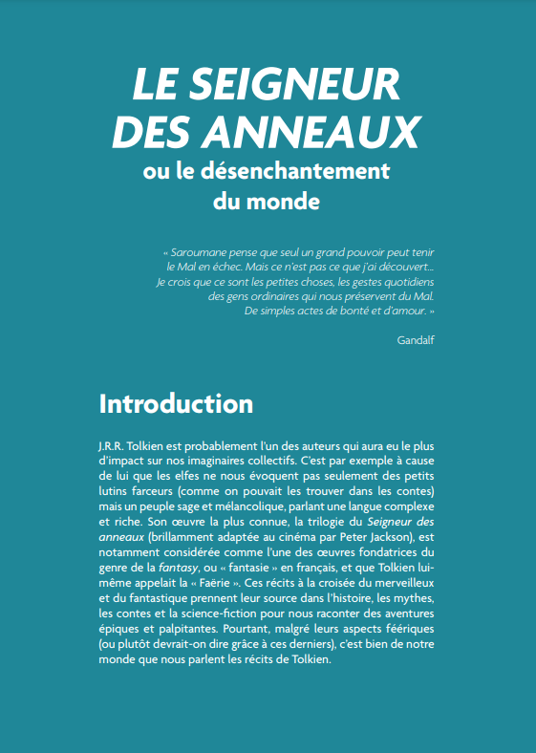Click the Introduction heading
(177, 402)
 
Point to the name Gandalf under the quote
(416, 339)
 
